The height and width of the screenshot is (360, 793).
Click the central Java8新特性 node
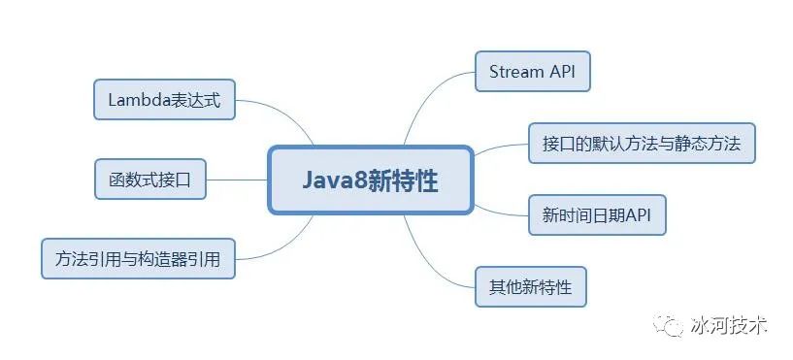coord(370,180)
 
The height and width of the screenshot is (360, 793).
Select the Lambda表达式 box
coord(165,100)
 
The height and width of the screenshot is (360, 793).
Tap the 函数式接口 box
coord(150,180)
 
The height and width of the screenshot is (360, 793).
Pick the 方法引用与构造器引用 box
coord(139,258)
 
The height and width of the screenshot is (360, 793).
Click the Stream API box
coord(533,72)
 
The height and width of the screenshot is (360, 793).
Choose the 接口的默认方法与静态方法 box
coord(642,143)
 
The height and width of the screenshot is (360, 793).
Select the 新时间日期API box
coord(597,214)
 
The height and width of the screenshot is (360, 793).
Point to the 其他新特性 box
coord(530,286)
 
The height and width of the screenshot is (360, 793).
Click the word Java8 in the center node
coord(330,180)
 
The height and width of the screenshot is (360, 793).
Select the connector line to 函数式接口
coord(237,180)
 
